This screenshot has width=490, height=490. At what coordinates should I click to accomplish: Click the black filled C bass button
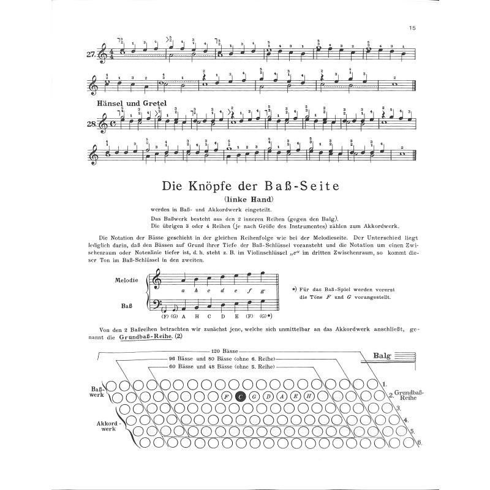tap(241, 397)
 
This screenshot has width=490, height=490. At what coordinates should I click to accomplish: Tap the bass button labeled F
tap(227, 397)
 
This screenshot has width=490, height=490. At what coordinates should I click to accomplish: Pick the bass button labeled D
tap(268, 397)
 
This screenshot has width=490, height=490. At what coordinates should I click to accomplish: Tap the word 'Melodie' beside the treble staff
tap(126, 281)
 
